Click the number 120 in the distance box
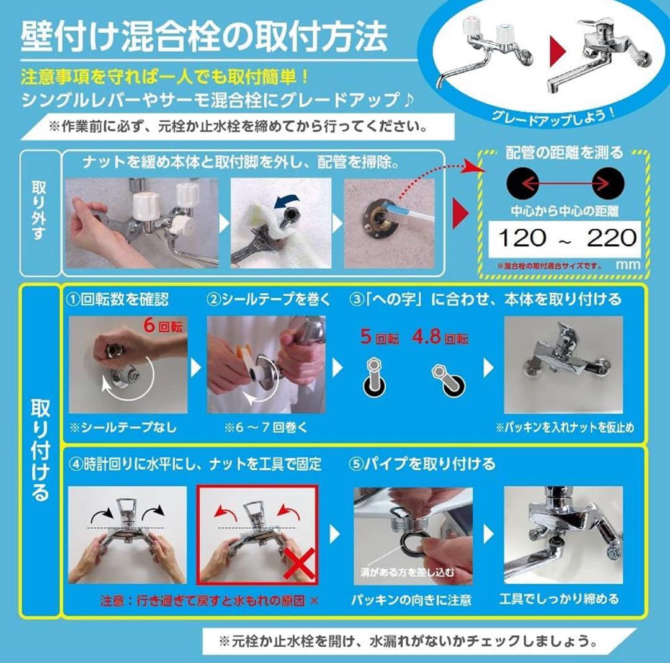pyautogui.click(x=522, y=237)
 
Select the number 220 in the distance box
pyautogui.click(x=612, y=237)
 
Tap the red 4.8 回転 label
pyautogui.click(x=440, y=339)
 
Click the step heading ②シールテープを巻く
pyautogui.click(x=269, y=299)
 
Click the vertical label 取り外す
pyautogui.click(x=38, y=211)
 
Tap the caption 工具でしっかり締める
pyautogui.click(x=559, y=600)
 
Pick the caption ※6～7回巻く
pyautogui.click(x=267, y=428)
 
